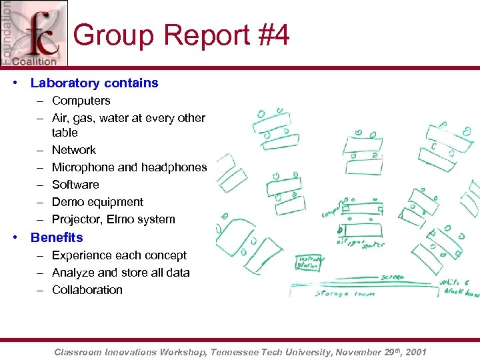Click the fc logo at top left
(35, 33)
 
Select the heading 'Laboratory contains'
(94, 83)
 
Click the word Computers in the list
(81, 101)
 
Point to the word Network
(73, 150)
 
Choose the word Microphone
(83, 167)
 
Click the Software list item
(75, 185)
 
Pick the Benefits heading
(57, 238)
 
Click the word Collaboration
(87, 290)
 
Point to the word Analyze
(73, 273)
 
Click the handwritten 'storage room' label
(345, 293)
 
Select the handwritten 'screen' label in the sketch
(393, 279)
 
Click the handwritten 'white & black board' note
(459, 288)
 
